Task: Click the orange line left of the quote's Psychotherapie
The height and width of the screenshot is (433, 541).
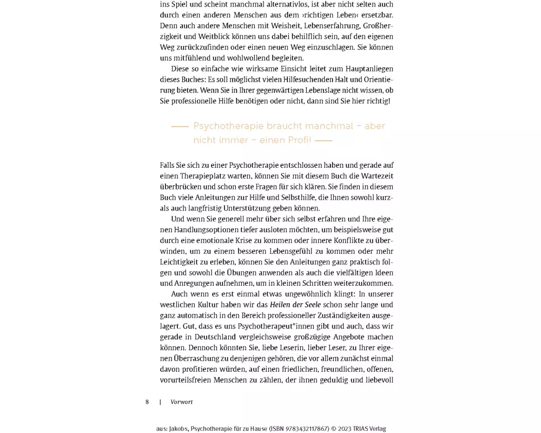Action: coord(180,126)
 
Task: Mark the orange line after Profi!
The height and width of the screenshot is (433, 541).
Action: coord(323,140)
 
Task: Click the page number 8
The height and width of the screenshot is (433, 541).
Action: coord(147,402)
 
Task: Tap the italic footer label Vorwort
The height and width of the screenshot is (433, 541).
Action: coord(181,402)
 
